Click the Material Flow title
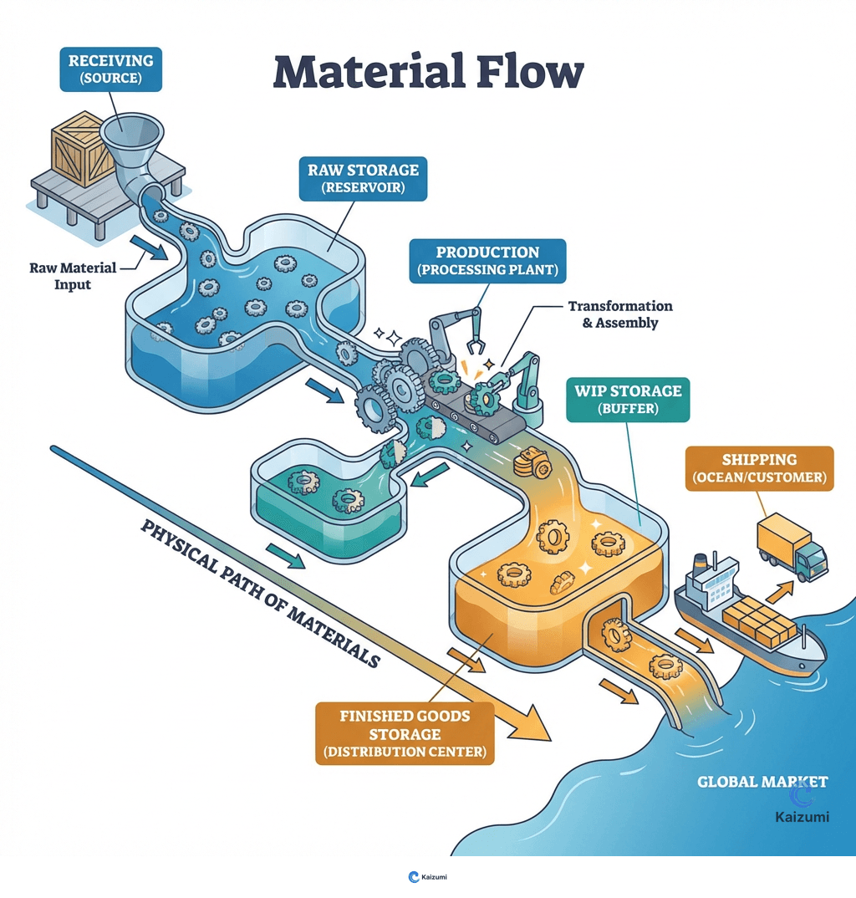click(427, 73)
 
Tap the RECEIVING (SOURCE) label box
click(110, 69)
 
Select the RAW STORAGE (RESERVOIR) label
click(363, 177)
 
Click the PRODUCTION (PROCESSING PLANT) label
click(487, 261)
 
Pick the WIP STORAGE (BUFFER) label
click(628, 400)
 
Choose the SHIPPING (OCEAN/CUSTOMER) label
click(759, 468)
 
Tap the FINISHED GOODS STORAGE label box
click(405, 733)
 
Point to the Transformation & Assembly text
click(619, 314)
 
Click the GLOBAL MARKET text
click(762, 783)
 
